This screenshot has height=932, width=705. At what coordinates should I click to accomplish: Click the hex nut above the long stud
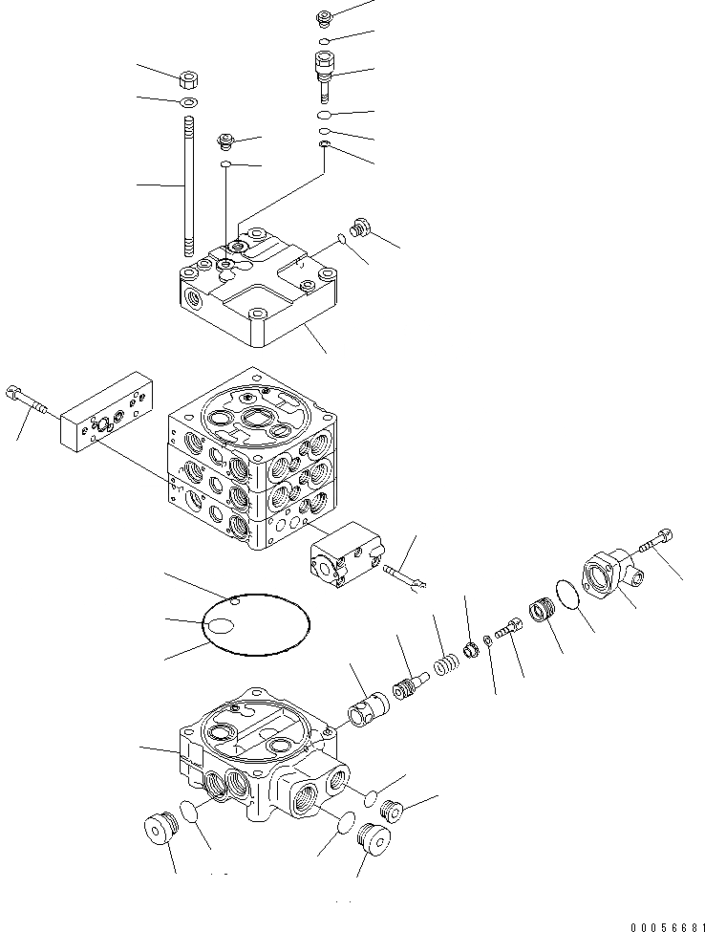[x=187, y=77]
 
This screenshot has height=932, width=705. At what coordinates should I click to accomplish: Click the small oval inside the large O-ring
[x=222, y=626]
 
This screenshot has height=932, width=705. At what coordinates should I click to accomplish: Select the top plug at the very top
[x=322, y=16]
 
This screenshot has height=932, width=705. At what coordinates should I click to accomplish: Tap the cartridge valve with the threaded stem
[x=323, y=73]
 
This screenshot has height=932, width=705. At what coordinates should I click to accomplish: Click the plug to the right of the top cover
[x=361, y=228]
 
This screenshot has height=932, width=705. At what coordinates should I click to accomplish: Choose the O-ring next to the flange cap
[x=567, y=596]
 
